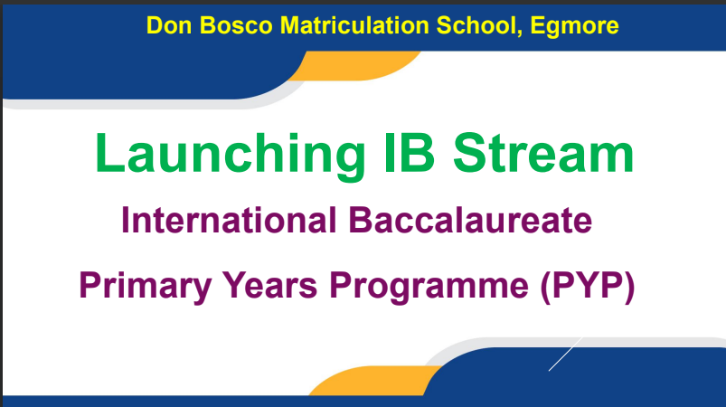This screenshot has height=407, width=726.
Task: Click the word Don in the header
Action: (169, 25)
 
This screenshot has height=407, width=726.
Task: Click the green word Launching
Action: (231, 154)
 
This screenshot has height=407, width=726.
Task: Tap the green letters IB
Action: (410, 153)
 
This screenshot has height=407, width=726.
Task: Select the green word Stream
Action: (543, 153)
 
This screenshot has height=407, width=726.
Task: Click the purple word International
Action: (228, 220)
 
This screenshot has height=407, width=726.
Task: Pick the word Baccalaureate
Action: (470, 220)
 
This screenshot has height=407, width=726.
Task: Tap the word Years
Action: (270, 285)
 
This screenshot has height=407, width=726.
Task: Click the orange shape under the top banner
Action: (354, 66)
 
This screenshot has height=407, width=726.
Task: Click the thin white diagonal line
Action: (565, 355)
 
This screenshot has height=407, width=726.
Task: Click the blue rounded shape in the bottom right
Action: (579, 373)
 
